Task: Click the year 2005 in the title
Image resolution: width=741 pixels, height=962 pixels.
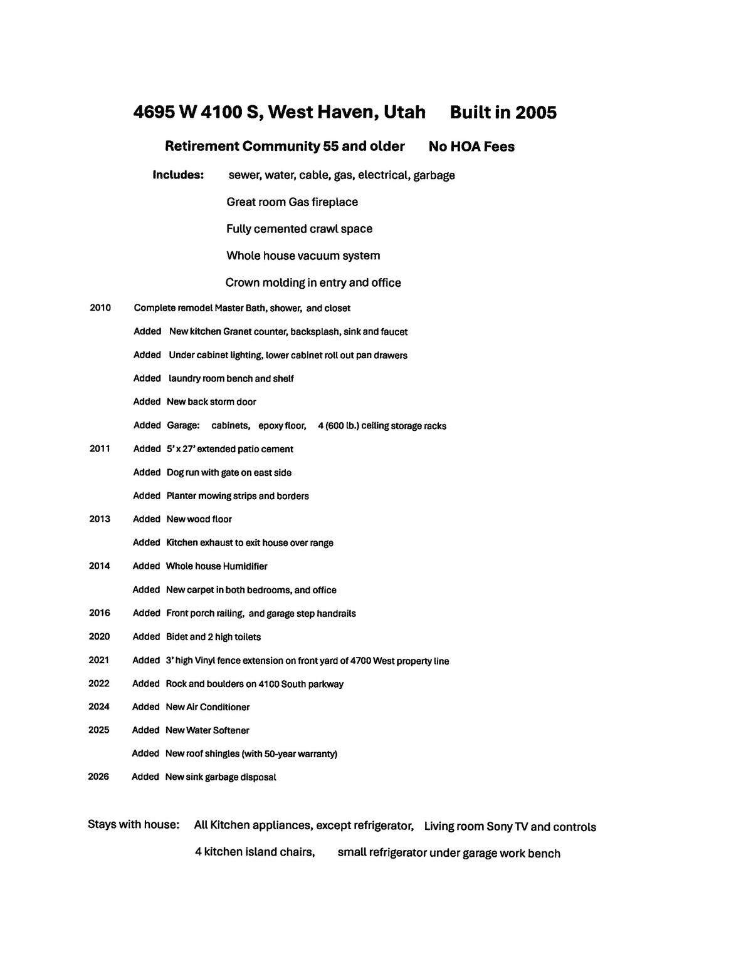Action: (x=535, y=113)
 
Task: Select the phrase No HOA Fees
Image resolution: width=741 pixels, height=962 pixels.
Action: (x=471, y=147)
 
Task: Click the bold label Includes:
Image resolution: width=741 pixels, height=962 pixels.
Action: (x=178, y=175)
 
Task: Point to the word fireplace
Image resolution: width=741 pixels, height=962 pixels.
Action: (x=335, y=202)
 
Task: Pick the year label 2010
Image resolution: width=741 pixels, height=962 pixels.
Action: (x=100, y=308)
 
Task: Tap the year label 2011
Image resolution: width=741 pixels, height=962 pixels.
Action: (x=100, y=448)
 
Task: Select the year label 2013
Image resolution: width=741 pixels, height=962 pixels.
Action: (x=100, y=519)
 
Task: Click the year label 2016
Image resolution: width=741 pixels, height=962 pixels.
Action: (x=99, y=613)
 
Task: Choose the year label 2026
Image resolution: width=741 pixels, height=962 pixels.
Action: (x=98, y=777)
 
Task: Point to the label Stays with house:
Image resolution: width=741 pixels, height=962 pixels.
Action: (x=134, y=824)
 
